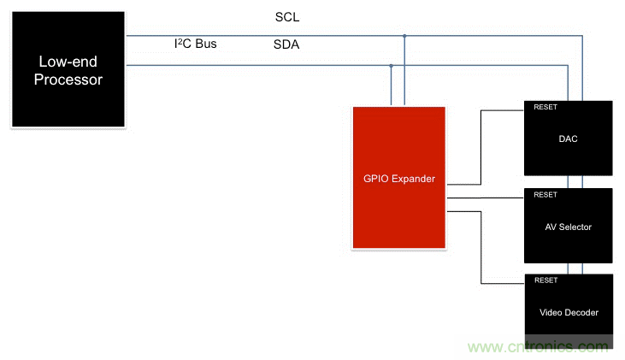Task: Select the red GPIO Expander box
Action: (398, 178)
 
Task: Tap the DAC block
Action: (569, 139)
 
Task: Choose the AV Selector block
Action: (569, 225)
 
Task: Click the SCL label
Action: (287, 17)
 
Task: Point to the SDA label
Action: (287, 44)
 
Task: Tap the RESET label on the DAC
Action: (545, 108)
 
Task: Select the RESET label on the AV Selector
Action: (545, 195)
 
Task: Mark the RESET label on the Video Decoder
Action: (545, 280)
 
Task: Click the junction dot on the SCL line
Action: (404, 36)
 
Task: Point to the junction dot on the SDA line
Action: (391, 65)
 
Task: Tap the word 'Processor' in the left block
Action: (70, 80)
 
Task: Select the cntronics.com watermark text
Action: (540, 347)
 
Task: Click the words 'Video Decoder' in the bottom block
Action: (569, 312)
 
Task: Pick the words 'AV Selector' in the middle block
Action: (569, 227)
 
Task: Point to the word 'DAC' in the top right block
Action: (569, 139)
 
